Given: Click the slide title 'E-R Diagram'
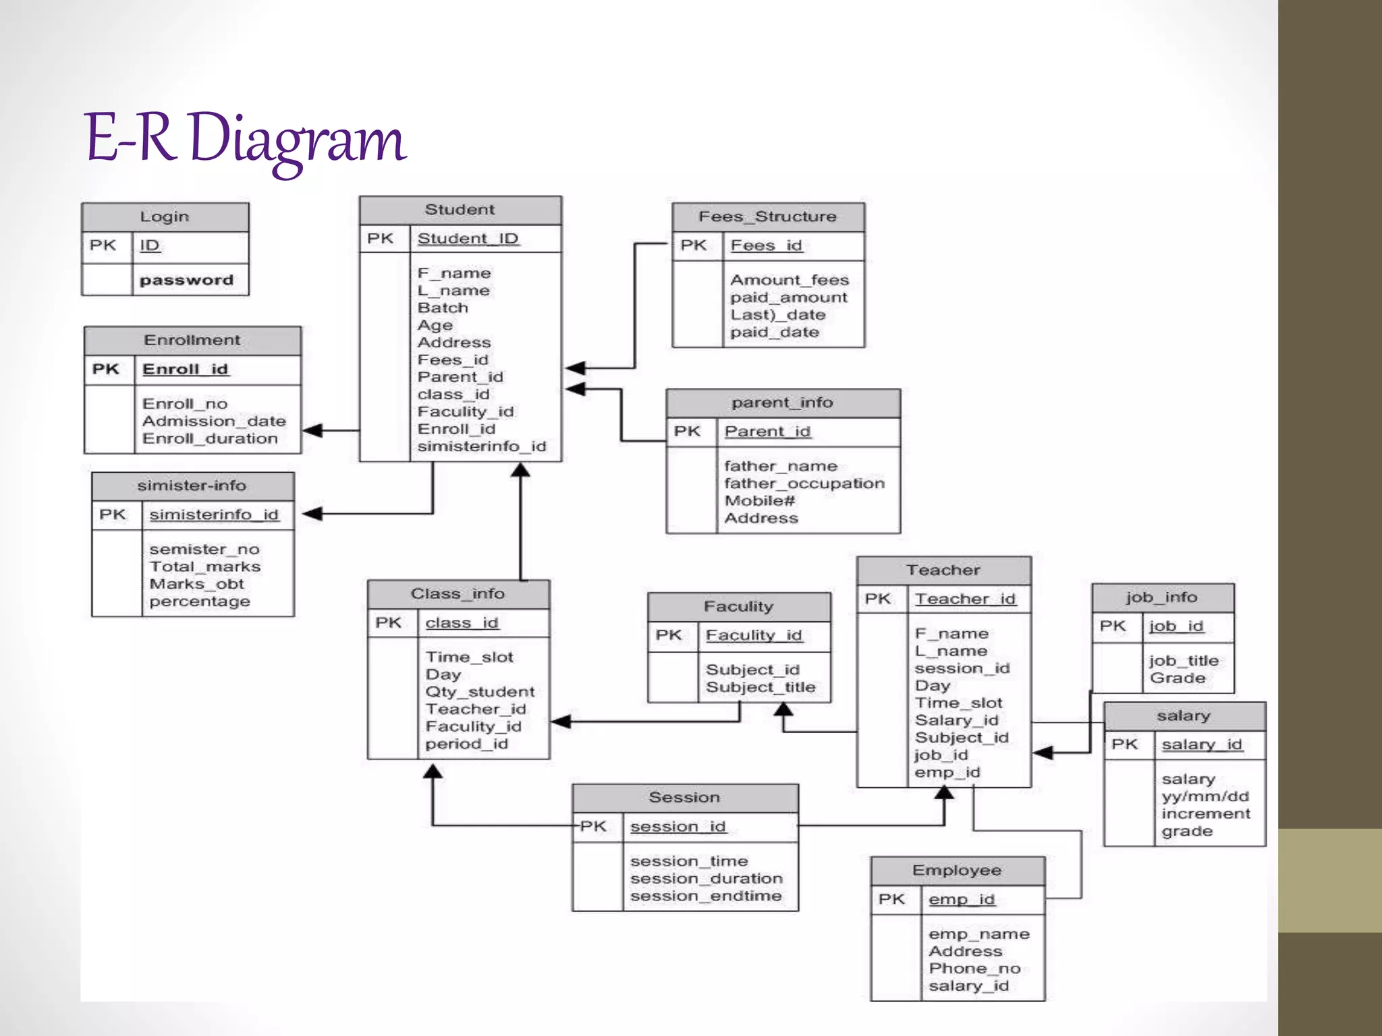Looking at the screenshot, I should [244, 138].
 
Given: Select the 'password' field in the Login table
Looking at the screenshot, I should [186, 280].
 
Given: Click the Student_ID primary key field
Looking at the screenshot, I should [468, 239].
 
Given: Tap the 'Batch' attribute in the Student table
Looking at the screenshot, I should [443, 308].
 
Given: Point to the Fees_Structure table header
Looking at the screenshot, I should [767, 217].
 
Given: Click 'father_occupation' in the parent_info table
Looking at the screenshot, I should [804, 484].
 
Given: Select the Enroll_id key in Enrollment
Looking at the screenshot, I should [186, 370].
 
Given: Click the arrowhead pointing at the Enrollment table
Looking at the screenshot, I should [312, 430].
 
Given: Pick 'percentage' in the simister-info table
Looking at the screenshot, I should [200, 602].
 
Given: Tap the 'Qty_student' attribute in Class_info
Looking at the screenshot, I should [480, 692].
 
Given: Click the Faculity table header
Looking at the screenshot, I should [738, 606].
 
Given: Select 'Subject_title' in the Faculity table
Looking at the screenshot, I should [761, 687].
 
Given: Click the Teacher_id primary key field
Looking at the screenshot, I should [965, 599].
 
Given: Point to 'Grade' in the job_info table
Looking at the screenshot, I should [1178, 679].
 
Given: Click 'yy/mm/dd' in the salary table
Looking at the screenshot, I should [1205, 797].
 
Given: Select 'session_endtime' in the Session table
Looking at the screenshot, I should [706, 896].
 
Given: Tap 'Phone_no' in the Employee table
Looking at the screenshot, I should [974, 969].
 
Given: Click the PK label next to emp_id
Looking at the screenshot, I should [891, 900].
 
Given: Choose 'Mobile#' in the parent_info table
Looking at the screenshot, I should [760, 501].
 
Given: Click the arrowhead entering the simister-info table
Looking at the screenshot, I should [312, 514].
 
